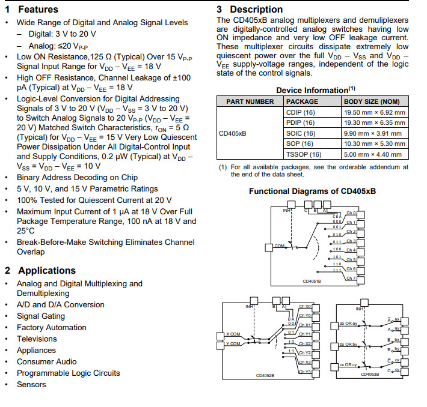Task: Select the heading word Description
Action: [x=256, y=10]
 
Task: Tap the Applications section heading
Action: [x=47, y=271]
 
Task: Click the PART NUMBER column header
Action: [x=250, y=101]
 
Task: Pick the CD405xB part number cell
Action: [x=233, y=133]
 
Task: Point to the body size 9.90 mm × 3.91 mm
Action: [x=374, y=133]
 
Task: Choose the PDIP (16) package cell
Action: [x=300, y=122]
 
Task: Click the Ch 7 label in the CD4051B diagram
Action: [x=351, y=279]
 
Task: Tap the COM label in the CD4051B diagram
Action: [x=280, y=246]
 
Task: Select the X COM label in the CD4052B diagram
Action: [x=233, y=334]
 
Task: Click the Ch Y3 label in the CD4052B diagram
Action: [x=304, y=372]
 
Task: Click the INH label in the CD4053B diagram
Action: [x=360, y=309]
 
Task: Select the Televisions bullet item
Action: [x=37, y=339]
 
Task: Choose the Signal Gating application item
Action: [x=40, y=316]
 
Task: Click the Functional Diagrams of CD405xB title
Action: [x=312, y=191]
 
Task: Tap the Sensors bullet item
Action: [x=31, y=385]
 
